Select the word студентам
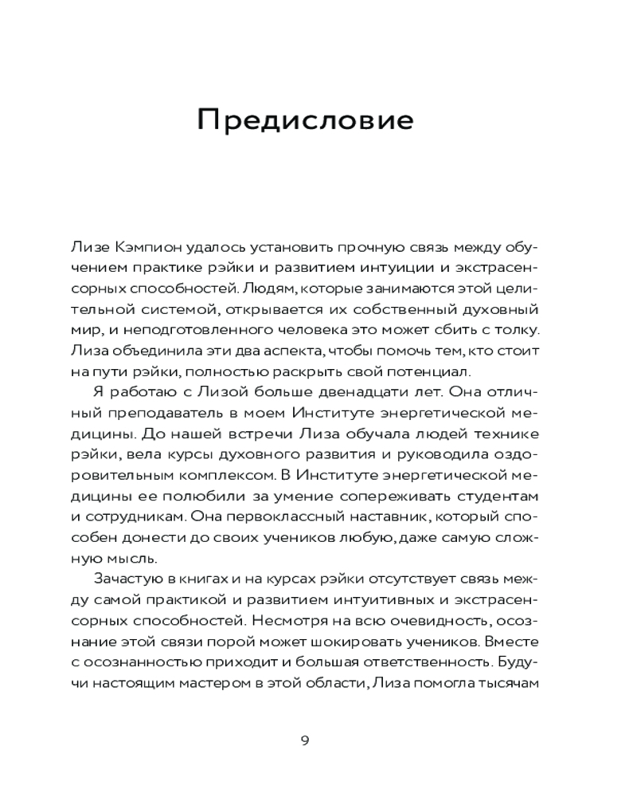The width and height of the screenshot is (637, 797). coord(506,494)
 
